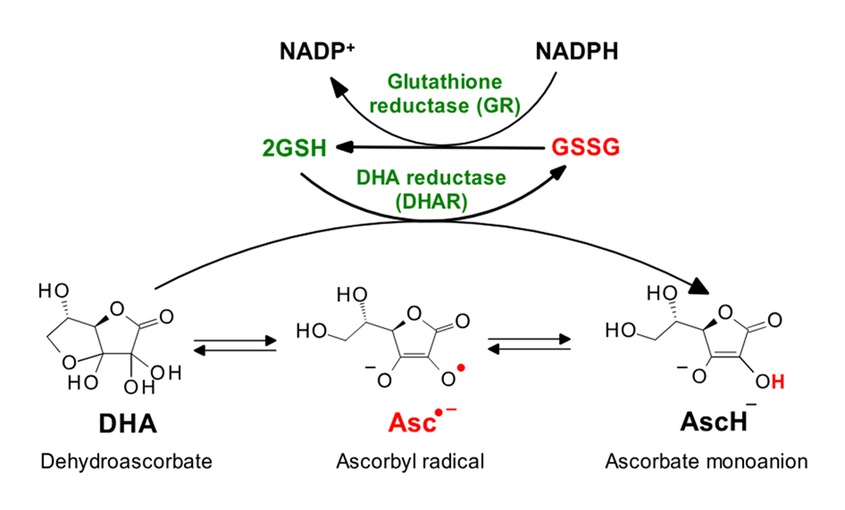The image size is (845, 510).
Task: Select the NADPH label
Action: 576,51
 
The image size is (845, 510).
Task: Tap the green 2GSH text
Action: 294,147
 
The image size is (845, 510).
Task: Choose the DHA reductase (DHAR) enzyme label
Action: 431,189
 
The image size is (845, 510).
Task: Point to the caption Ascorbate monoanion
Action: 707,462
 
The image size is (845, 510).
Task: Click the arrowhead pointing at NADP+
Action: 338,88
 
